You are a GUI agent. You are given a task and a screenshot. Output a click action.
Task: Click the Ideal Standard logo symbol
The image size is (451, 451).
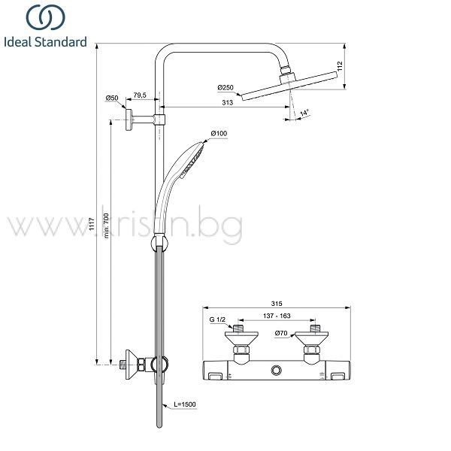tap(46, 17)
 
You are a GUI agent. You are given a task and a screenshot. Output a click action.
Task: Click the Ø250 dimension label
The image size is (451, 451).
tap(225, 87)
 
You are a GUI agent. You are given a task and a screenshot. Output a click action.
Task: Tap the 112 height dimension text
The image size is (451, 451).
tap(341, 66)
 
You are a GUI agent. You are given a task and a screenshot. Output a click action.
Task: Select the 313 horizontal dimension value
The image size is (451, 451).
tap(227, 102)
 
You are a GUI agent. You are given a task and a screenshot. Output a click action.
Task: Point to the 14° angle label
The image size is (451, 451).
tap(304, 113)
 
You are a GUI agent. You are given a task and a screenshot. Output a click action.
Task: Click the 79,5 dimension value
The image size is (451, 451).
tap(140, 95)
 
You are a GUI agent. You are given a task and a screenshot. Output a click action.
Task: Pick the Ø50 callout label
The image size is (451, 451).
tap(112, 98)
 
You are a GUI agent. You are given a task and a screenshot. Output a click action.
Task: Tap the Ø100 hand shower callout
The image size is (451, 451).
tap(219, 134)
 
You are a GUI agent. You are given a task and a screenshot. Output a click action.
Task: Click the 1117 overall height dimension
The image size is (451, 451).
tap(92, 224)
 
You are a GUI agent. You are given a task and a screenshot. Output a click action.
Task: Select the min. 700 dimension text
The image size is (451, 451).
tap(106, 225)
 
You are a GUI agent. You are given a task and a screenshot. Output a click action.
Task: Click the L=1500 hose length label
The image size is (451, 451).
tap(185, 404)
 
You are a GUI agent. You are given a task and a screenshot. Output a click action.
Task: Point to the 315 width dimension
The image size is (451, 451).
tap(277, 304)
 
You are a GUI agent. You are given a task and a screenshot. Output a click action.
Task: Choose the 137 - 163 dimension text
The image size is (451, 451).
tap(277, 316)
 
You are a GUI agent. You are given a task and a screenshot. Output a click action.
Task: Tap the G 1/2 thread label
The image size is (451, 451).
tap(217, 319)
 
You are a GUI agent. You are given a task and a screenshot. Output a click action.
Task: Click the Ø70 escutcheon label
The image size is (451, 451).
tap(281, 333)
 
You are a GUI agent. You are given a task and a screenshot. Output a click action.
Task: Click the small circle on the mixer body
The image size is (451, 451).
tap(277, 370)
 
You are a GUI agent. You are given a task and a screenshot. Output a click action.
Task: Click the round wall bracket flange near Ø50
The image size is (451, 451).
tap(129, 120)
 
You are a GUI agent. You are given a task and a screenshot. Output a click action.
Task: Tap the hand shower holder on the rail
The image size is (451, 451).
tap(159, 244)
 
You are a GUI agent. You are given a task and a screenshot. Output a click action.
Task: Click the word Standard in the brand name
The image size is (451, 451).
tap(61, 42)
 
